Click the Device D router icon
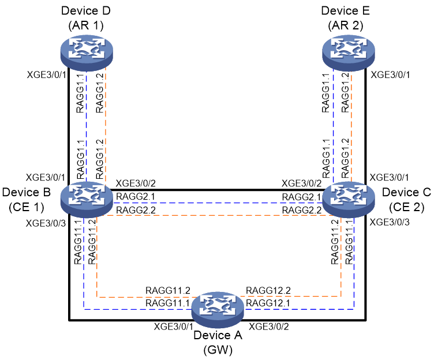87,52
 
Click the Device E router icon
349,52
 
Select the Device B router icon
87,199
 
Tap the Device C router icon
349,199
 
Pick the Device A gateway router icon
218,309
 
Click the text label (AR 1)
86,25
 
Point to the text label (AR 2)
346,25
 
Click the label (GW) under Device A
218,350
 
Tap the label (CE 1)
27,207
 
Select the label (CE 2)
407,207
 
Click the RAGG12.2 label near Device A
268,291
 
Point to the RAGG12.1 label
268,303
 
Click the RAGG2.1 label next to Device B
136,197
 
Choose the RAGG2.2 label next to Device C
301,211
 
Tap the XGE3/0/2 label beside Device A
269,327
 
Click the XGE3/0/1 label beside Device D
47,75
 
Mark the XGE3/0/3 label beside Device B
46,223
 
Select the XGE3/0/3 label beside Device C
390,222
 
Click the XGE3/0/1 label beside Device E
390,75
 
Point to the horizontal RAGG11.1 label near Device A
167,303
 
